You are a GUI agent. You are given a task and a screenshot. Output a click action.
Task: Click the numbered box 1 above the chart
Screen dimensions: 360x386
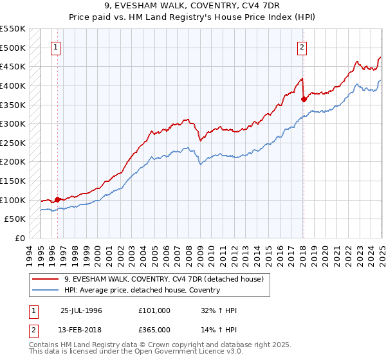pos(57,47)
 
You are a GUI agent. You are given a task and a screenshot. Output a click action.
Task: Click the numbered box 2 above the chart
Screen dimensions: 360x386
pos(302,47)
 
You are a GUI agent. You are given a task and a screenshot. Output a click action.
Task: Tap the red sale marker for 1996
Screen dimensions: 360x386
pos(57,199)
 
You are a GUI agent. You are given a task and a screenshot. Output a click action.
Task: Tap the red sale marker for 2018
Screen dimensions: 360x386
pos(303,99)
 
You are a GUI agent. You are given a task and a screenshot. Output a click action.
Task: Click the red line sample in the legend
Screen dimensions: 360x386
pos(46,279)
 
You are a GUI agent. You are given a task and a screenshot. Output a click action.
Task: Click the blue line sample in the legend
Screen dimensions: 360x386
pos(46,290)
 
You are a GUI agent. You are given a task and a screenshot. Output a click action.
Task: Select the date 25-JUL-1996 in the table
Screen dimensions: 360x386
pos(81,310)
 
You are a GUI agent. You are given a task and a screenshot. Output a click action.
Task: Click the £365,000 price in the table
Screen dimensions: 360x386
pos(154,329)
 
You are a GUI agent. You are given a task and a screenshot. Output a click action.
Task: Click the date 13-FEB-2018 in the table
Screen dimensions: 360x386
pos(81,329)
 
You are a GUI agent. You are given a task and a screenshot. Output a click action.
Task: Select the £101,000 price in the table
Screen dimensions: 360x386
pos(154,310)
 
